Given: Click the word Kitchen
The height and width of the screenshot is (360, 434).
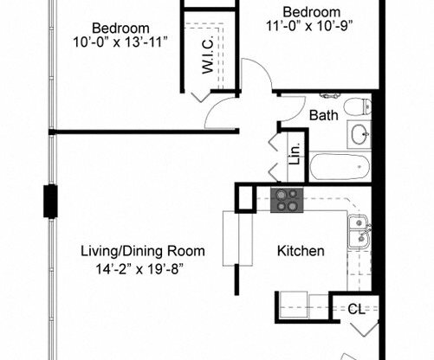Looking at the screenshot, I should (301, 252).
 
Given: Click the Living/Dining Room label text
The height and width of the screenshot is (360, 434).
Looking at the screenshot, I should (143, 252).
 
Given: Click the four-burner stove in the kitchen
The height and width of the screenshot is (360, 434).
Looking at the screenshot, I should (287, 200).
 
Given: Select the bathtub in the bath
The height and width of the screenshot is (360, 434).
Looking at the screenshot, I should (340, 164).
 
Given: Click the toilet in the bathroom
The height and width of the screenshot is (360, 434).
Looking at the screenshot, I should (355, 108).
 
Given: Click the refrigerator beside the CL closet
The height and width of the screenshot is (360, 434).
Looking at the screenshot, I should (302, 307).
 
